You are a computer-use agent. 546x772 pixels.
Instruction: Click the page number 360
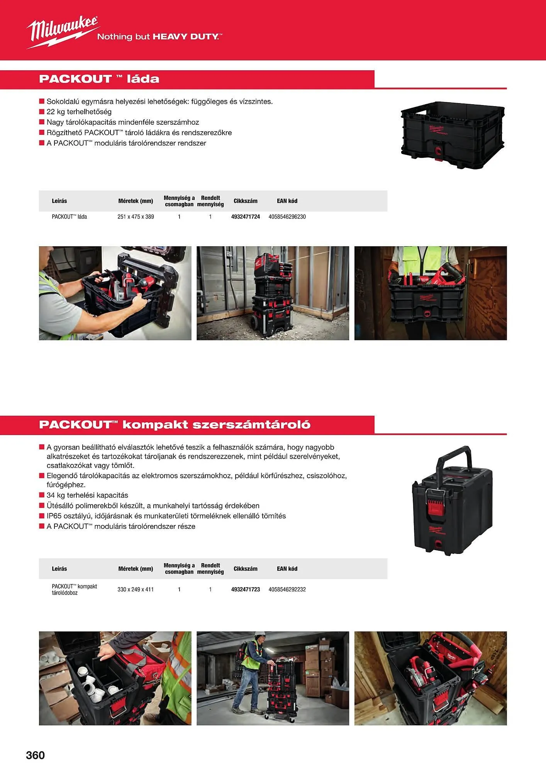pos(35,755)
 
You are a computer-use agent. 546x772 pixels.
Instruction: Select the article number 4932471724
pos(246,217)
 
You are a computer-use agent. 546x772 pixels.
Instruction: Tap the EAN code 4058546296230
pos(287,217)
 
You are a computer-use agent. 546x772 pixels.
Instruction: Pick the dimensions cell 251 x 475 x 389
pos(136,217)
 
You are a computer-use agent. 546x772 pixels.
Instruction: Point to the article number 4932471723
pos(246,589)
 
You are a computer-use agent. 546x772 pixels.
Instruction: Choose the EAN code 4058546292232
pos(287,589)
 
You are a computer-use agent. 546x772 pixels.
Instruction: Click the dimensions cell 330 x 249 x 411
pos(136,589)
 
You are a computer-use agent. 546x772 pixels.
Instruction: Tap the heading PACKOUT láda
pos(99,79)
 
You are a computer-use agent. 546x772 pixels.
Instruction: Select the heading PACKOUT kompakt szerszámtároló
pos(175,425)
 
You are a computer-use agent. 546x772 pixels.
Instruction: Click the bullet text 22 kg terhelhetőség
pos(79,112)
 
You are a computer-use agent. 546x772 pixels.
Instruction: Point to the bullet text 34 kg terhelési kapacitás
pos(87,495)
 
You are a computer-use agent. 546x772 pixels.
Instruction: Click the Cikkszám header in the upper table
pos(246,201)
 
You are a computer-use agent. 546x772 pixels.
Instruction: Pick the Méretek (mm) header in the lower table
pos(136,569)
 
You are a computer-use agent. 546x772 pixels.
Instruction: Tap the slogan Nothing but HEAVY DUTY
pos(159,37)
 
